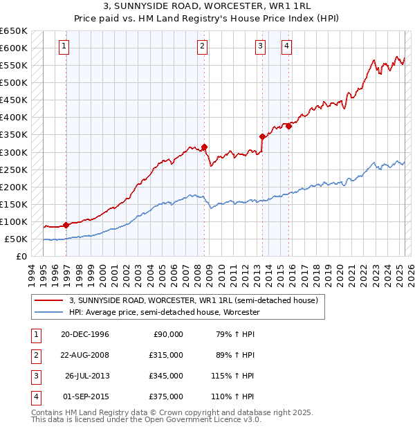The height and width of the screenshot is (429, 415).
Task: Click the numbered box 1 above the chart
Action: [x=64, y=46]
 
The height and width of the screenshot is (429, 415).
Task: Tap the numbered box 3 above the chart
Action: [x=261, y=46]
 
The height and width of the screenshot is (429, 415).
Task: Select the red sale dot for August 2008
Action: [x=205, y=147]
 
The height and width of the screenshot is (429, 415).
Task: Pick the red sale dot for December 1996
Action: [x=66, y=225]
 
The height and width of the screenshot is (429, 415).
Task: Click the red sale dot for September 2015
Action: [x=288, y=126]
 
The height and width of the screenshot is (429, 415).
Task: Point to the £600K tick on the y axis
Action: [x=15, y=48]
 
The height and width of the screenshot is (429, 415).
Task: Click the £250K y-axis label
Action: [x=15, y=170]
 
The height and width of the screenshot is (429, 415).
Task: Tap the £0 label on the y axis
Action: [x=21, y=257]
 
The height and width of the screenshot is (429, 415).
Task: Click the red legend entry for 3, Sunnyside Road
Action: [x=193, y=301]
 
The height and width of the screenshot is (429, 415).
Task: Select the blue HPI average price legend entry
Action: [x=164, y=313]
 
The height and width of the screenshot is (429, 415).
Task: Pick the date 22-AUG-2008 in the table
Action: [x=85, y=356]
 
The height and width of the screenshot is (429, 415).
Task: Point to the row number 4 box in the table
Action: [x=35, y=397]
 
